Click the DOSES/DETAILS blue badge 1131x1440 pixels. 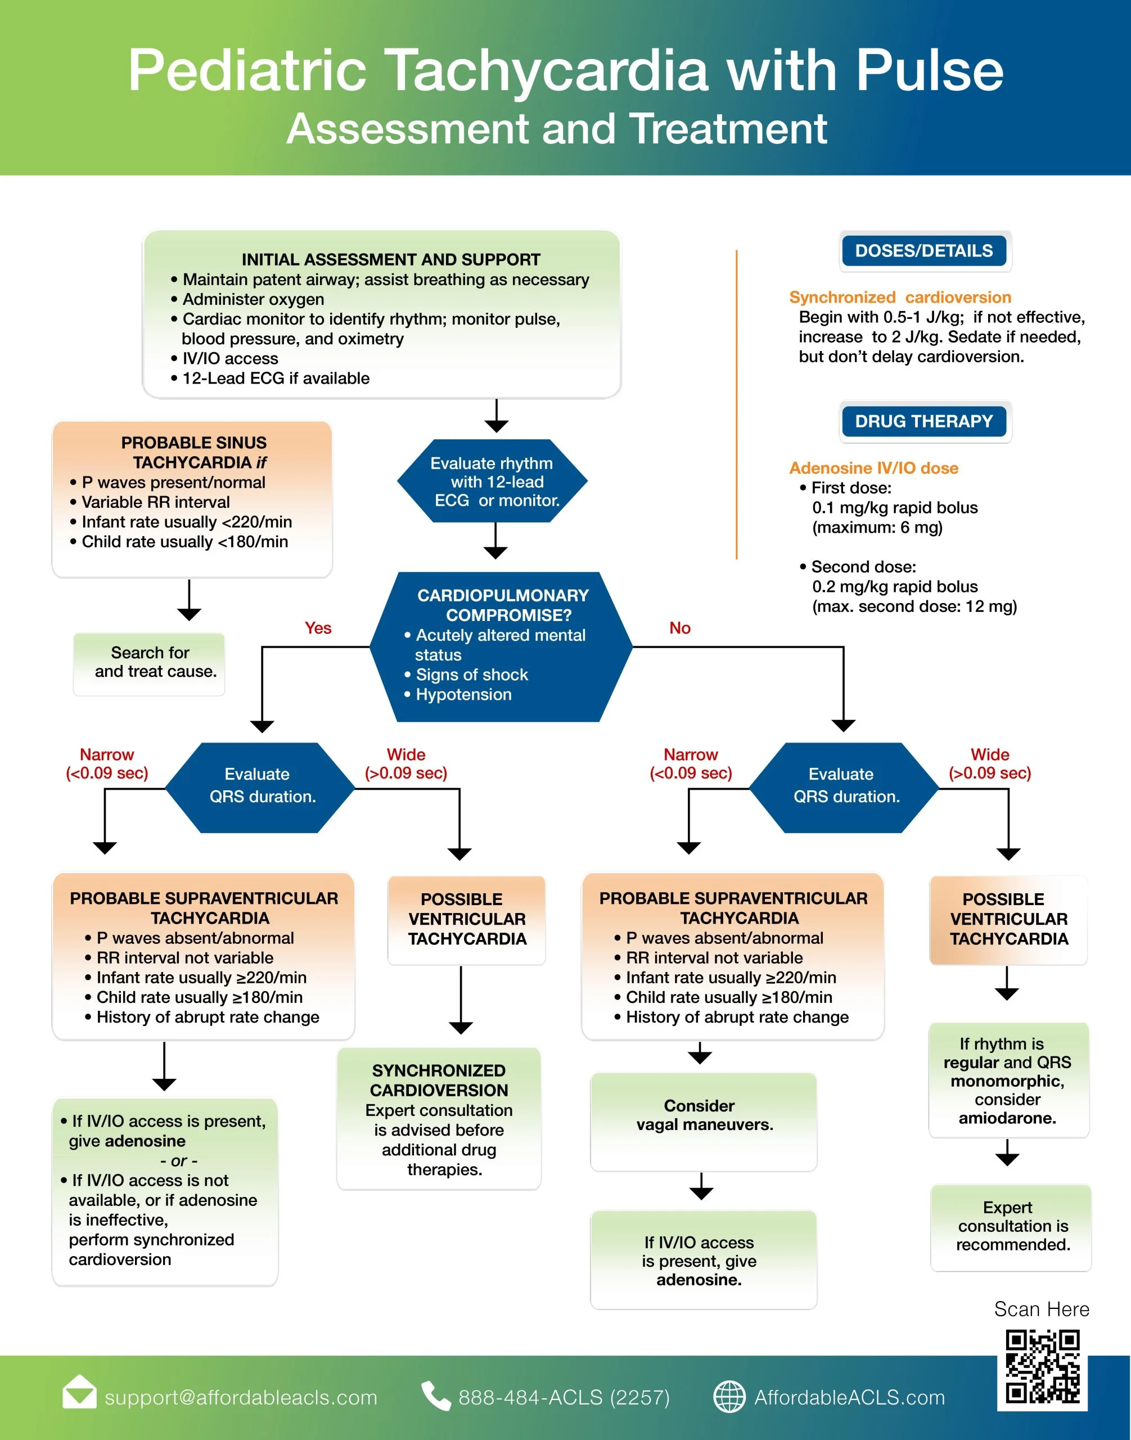pos(925,250)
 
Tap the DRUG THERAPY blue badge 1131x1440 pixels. pos(925,421)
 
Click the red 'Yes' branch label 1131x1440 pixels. pos(318,628)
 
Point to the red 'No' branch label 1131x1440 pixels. pos(680,628)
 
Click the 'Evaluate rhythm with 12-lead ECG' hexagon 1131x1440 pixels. pos(493,481)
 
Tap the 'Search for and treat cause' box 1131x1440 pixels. pos(149,664)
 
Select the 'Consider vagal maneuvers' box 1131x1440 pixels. pos(703,1122)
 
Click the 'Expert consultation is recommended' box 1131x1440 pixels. pos(1011,1227)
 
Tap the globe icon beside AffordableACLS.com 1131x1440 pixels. pos(729,1397)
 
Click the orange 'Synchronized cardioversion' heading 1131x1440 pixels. pos(900,297)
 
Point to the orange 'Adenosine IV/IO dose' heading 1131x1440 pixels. pos(873,469)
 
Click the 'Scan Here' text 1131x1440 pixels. pos(1042,1309)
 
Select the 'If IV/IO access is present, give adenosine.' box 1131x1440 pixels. pos(703,1260)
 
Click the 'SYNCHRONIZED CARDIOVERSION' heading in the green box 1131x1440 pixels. pos(439,1081)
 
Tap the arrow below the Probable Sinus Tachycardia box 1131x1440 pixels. pos(190,600)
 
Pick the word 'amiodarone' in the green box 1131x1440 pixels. pos(1007,1118)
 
